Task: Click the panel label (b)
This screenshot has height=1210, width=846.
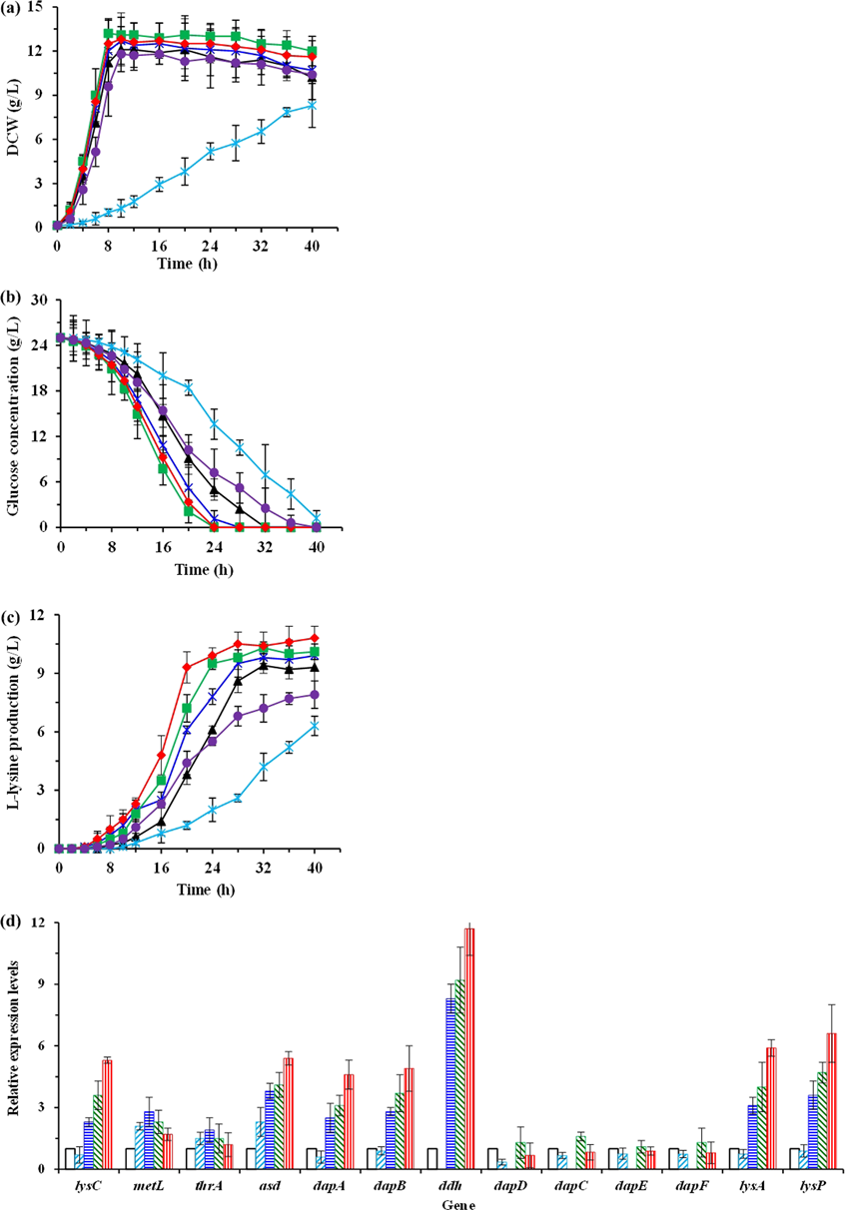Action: [x=14, y=297]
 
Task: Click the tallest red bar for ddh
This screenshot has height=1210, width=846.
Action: [x=469, y=1048]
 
